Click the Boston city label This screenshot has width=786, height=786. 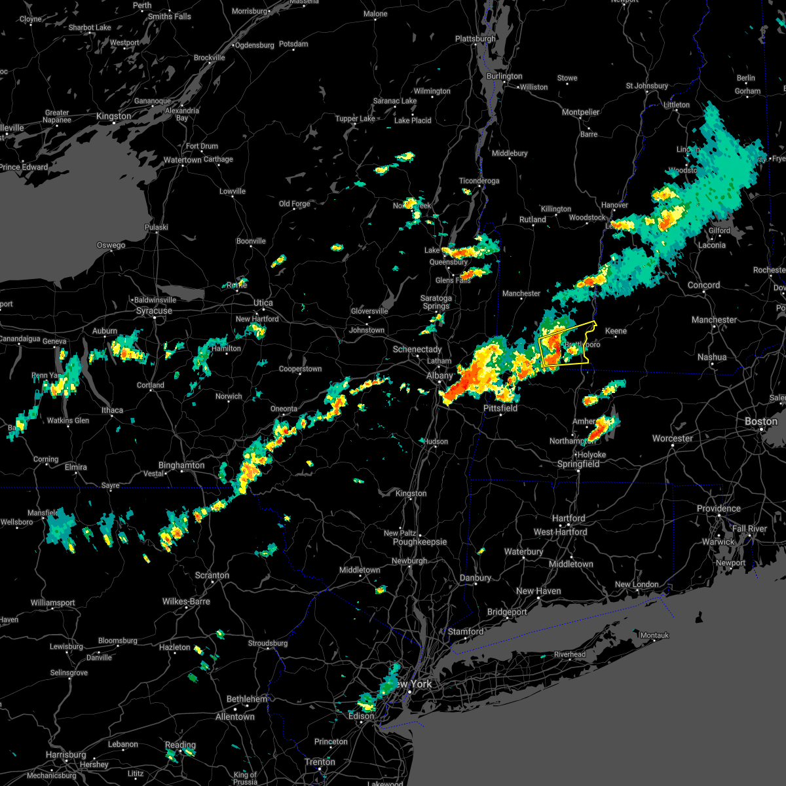tap(760, 421)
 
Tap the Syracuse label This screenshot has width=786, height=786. tap(154, 310)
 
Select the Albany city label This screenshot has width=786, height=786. tap(440, 375)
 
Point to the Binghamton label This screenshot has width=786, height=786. tap(181, 465)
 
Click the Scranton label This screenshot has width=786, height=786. tap(212, 575)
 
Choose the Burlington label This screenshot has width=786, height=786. tap(504, 76)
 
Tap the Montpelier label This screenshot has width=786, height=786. tap(580, 112)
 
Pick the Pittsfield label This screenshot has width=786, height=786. tap(500, 408)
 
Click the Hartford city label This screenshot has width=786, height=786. tap(569, 518)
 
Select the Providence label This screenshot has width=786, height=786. tap(719, 508)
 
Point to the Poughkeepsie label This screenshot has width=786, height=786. tap(420, 542)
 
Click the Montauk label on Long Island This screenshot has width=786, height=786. tap(654, 635)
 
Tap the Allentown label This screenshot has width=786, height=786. tap(235, 717)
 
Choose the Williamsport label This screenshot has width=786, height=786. tap(53, 603)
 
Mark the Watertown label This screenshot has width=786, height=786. tap(183, 160)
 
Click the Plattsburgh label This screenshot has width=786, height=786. tap(476, 39)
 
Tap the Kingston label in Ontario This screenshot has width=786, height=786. tap(113, 116)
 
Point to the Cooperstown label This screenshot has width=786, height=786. tap(300, 369)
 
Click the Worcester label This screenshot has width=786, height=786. tap(673, 438)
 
